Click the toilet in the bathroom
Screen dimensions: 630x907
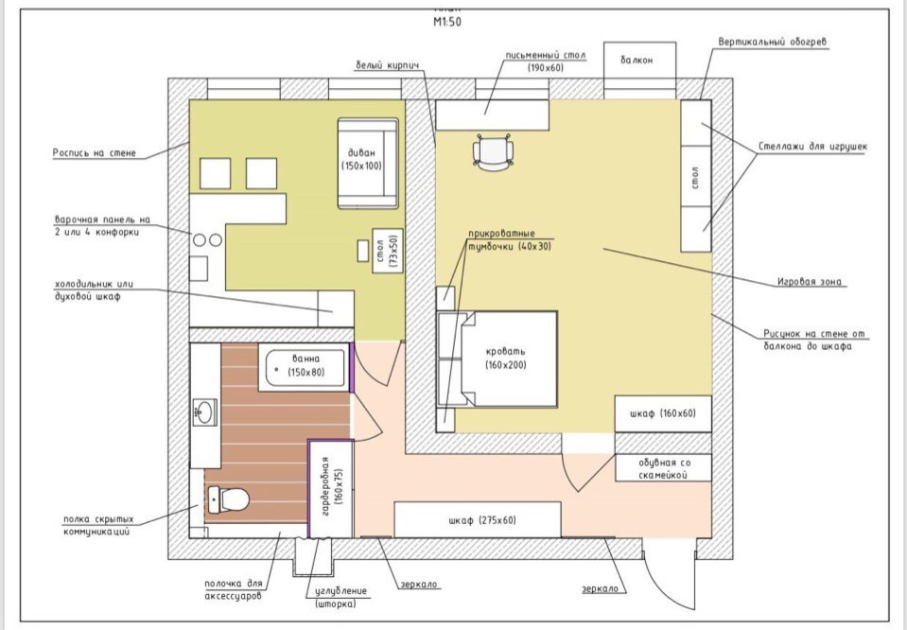point(227,498)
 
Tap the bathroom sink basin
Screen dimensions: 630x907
point(204,411)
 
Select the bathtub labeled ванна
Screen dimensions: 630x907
point(305,365)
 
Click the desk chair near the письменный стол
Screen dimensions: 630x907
point(492,152)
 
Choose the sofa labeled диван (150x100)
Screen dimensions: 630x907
point(367,162)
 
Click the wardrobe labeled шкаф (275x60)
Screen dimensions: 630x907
point(478,520)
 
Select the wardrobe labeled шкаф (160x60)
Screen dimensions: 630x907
point(663,413)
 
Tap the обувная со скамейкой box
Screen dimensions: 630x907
point(663,467)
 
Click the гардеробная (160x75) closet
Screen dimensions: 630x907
point(331,487)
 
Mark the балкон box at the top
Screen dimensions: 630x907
point(639,61)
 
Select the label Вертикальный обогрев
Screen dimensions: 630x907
point(773,43)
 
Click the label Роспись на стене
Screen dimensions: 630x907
point(95,152)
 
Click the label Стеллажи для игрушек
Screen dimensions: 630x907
point(812,148)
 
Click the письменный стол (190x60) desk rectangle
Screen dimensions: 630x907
point(492,114)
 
